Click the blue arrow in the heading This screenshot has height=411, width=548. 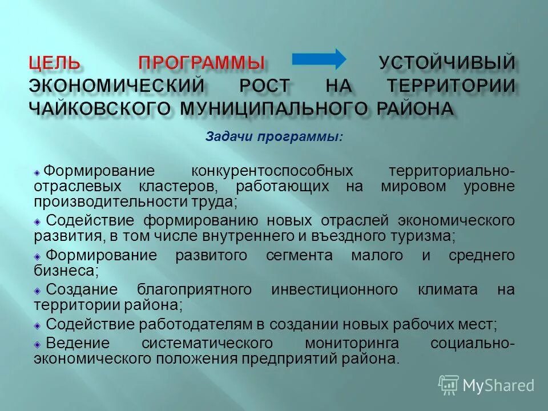click(x=319, y=59)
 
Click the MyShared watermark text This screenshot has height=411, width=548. click(x=498, y=385)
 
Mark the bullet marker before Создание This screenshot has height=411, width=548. click(x=37, y=290)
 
